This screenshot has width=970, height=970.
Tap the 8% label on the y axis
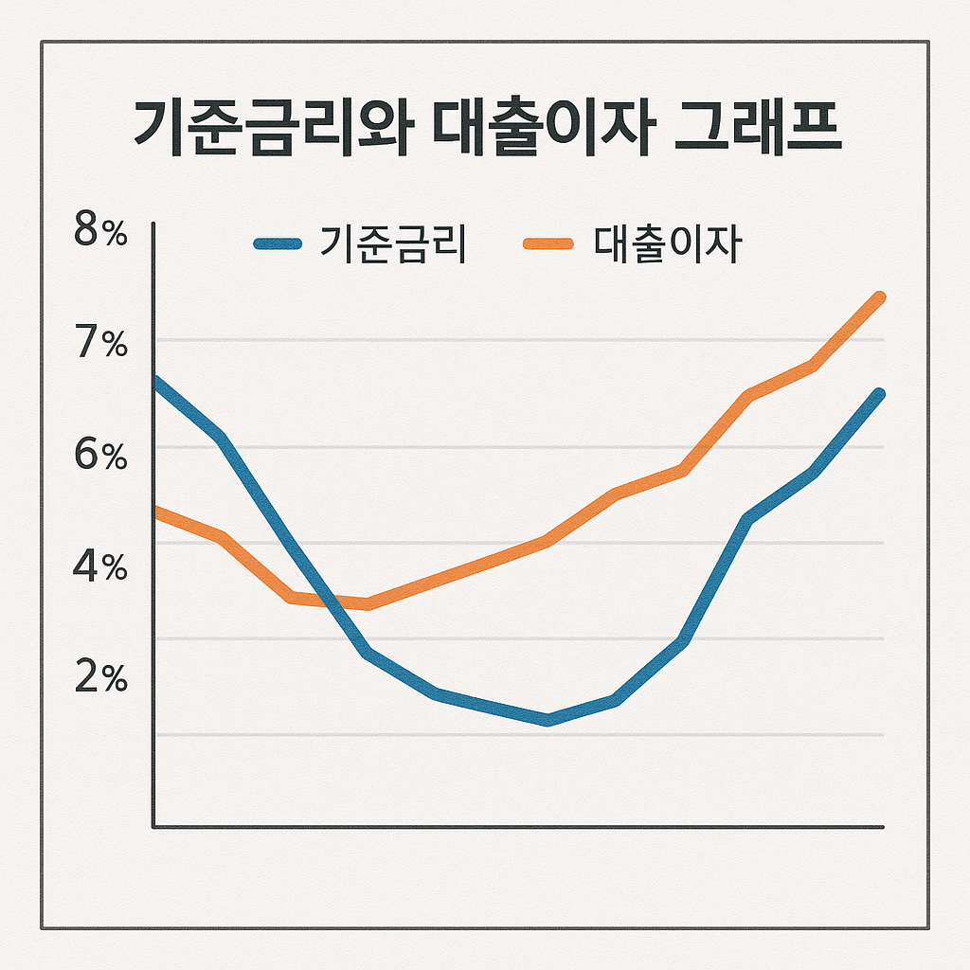99,232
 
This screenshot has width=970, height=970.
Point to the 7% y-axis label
99,344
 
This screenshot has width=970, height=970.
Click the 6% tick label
99,456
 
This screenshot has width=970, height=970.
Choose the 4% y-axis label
99,567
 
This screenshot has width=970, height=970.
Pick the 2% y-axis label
99,678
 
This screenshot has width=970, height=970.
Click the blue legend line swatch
278,244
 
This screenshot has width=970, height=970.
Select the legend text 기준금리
392,244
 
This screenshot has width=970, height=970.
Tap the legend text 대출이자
667,244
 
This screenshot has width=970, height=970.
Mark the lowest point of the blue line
548,720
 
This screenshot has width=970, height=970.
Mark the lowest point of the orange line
368,603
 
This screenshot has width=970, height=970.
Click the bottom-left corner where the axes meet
153,827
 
